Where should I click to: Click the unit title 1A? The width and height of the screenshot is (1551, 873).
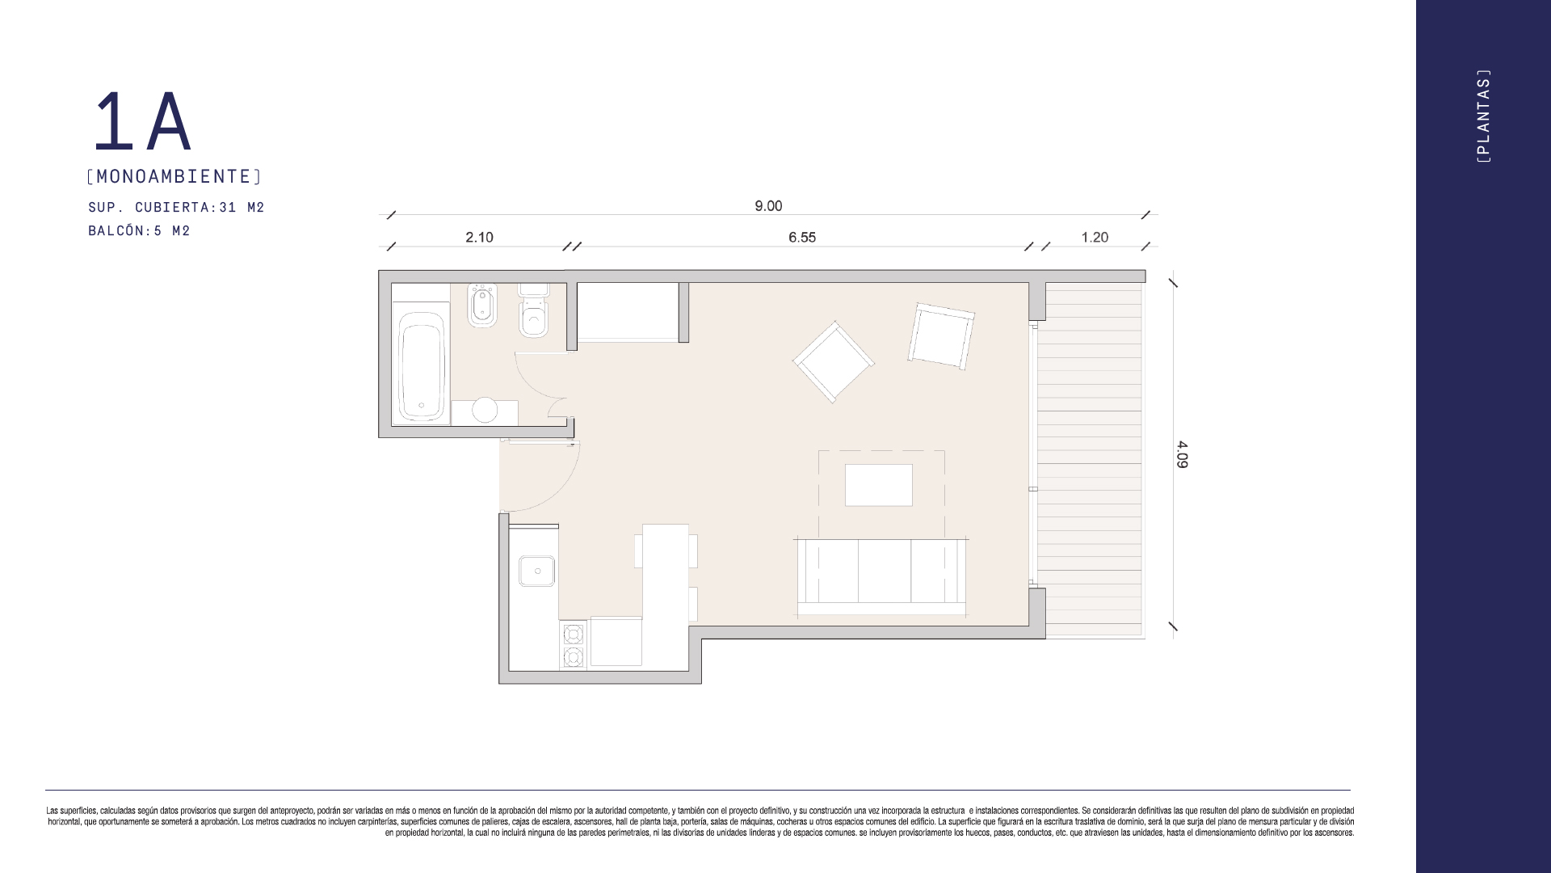(142, 121)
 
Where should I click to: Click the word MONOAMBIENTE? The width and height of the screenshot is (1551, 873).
(174, 176)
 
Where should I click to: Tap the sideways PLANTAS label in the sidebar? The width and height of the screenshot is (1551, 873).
(1483, 116)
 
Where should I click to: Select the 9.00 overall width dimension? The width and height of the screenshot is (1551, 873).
(768, 206)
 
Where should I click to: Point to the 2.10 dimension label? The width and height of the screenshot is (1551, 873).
(479, 237)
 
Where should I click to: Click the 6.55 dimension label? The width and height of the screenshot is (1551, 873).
(802, 237)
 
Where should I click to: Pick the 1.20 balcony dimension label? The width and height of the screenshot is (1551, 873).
(1095, 237)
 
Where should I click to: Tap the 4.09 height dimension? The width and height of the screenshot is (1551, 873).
(1182, 454)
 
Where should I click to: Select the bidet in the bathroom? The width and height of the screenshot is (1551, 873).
(482, 305)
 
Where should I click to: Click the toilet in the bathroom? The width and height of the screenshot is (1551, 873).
(533, 310)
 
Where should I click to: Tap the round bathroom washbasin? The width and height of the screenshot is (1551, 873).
(485, 410)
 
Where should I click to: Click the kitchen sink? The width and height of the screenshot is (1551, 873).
(536, 571)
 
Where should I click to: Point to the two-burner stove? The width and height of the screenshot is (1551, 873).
(574, 645)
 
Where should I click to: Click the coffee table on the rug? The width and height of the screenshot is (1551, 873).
(879, 485)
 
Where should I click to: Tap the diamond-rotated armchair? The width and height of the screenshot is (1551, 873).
(834, 361)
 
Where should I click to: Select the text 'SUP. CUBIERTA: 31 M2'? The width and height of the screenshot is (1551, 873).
(176, 208)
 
